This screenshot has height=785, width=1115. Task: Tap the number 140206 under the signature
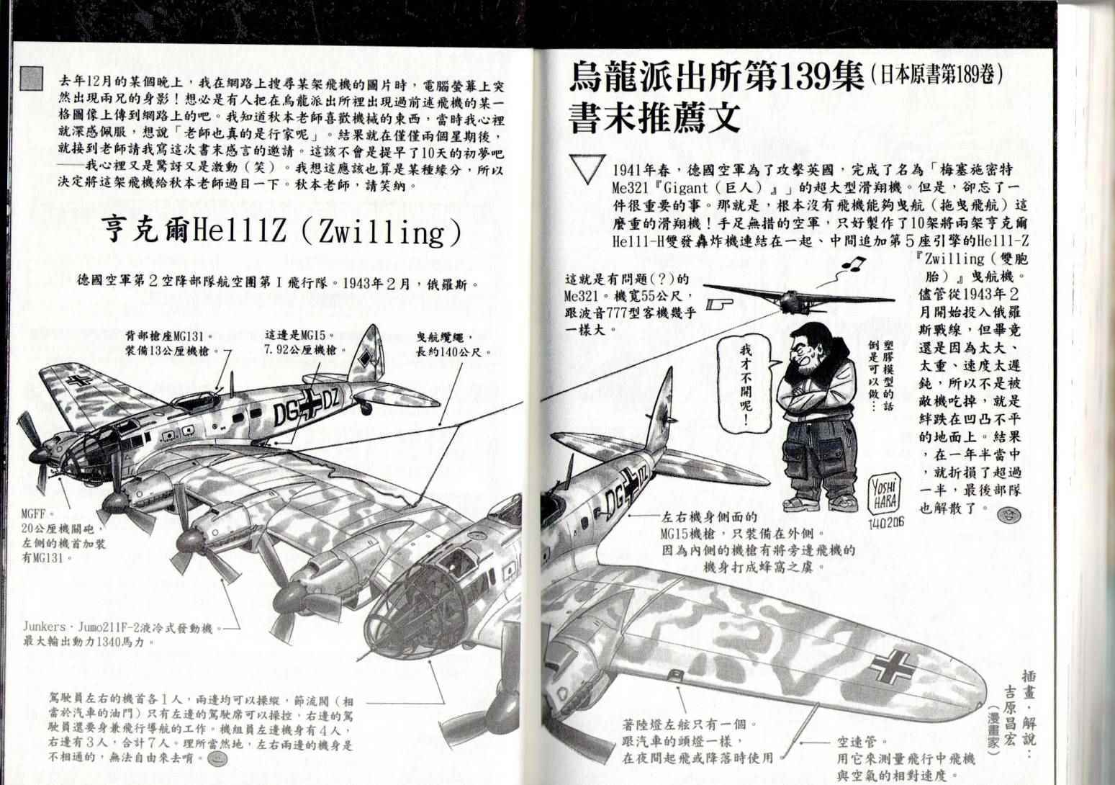pyautogui.click(x=886, y=523)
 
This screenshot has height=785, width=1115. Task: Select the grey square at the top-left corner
pyautogui.click(x=31, y=78)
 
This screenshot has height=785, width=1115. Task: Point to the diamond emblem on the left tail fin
pyautogui.click(x=366, y=358)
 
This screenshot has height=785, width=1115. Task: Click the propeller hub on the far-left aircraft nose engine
pyautogui.click(x=39, y=454)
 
